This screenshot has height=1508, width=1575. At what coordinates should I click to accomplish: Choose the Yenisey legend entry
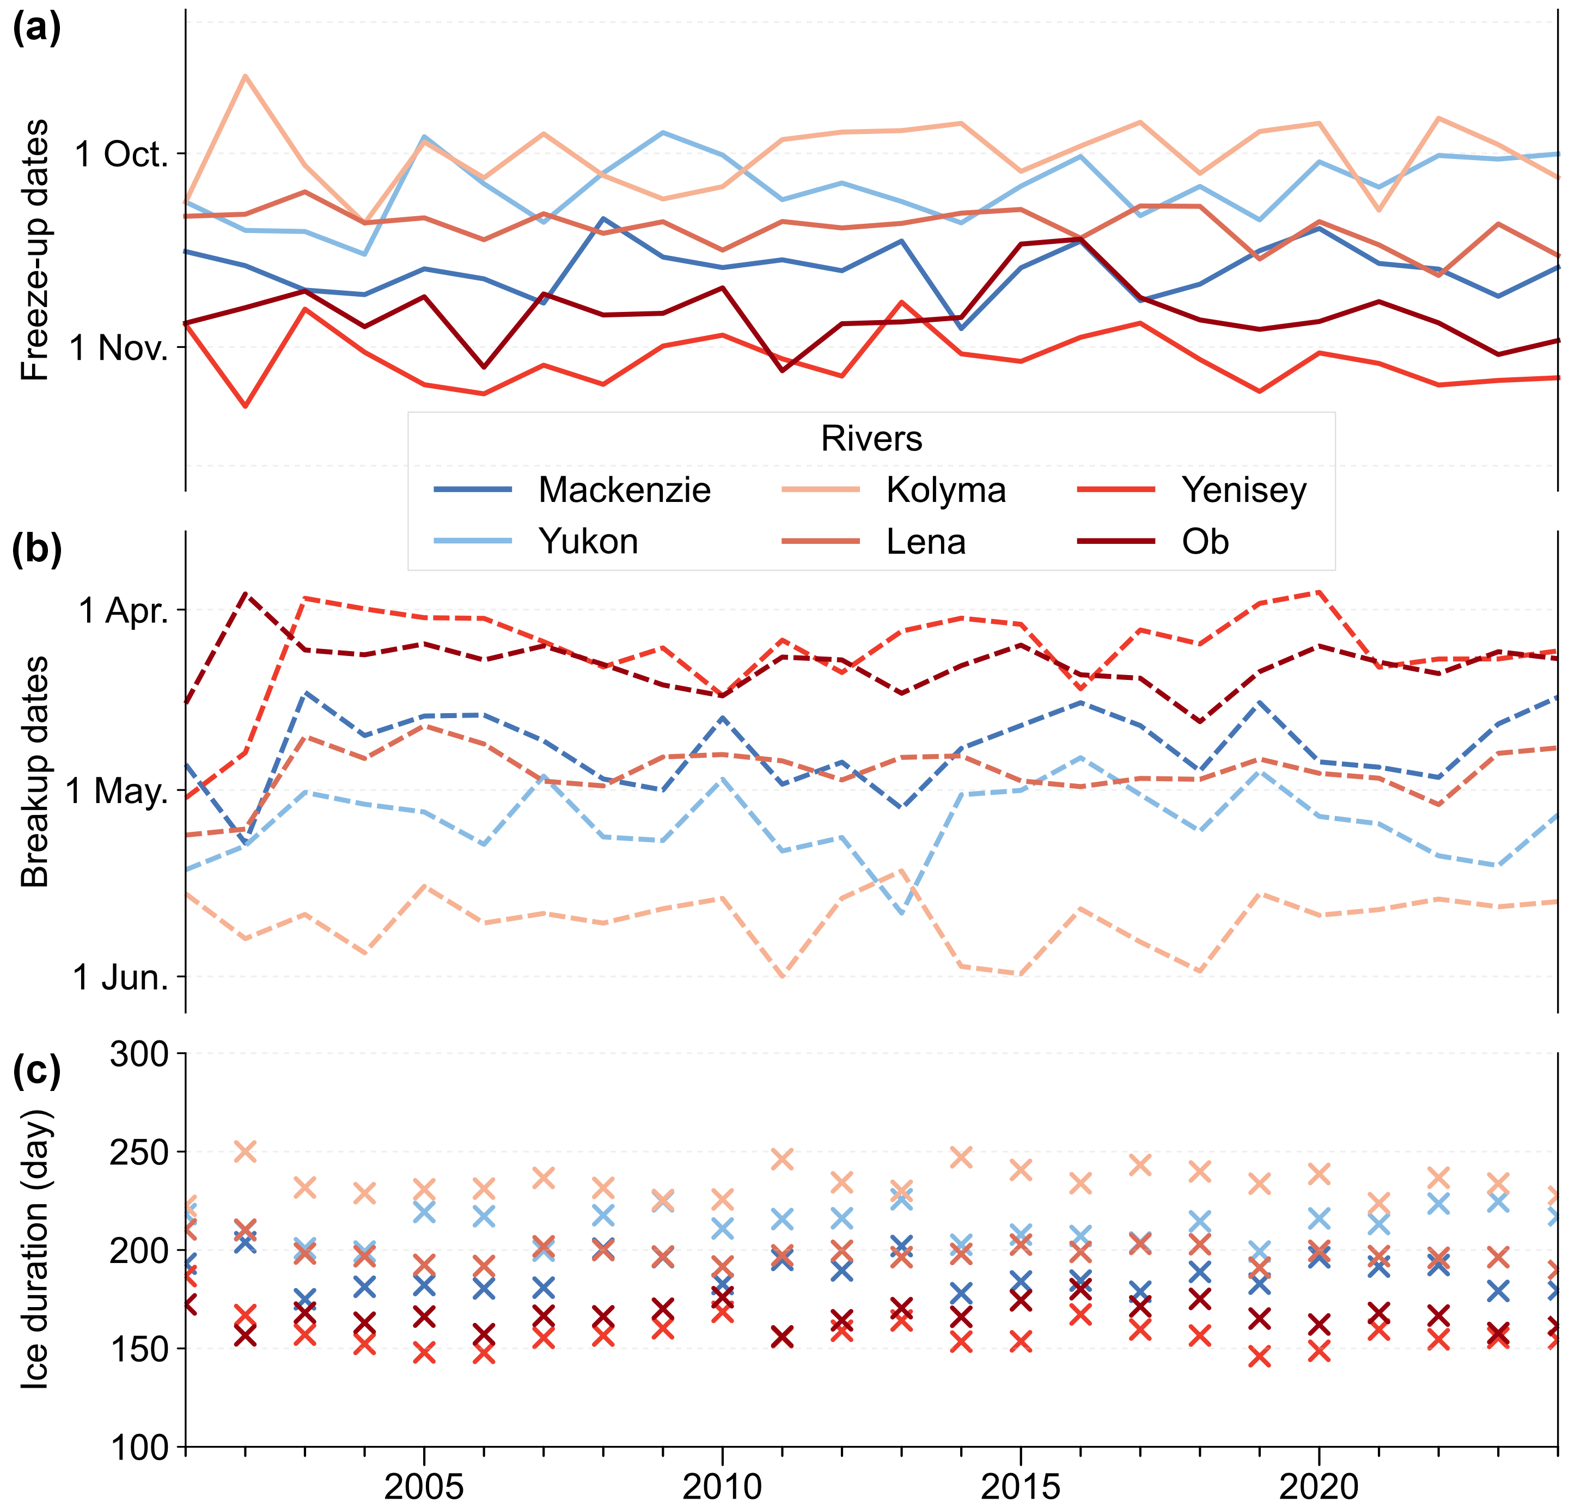(x=1243, y=490)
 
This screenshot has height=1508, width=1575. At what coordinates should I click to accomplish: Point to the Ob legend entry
(x=1205, y=542)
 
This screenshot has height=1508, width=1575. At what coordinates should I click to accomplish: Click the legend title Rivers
(x=871, y=439)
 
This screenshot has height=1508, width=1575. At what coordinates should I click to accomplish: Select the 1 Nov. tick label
(x=118, y=348)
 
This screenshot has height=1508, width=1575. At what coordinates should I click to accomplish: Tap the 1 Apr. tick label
(x=123, y=611)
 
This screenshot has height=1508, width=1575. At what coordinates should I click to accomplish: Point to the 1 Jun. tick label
(x=120, y=978)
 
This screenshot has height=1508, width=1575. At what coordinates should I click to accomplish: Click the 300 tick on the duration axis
(x=139, y=1053)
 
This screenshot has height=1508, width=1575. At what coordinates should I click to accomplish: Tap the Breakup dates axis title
(x=34, y=771)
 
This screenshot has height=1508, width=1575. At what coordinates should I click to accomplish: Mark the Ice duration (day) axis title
(x=34, y=1249)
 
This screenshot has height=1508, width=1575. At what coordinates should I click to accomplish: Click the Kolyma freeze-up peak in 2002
(x=245, y=76)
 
